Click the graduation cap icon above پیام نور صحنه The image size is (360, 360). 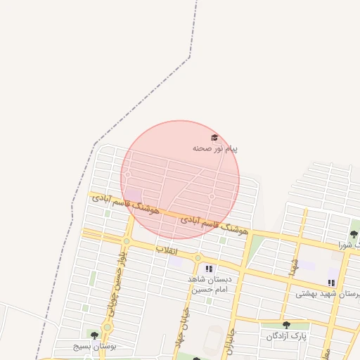pyautogui.click(x=214, y=138)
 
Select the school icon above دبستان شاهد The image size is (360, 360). pyautogui.click(x=208, y=268)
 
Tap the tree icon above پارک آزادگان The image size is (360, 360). pyautogui.click(x=286, y=325)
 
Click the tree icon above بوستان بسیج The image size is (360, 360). pyautogui.click(x=95, y=335)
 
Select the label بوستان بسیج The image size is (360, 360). pyautogui.click(x=94, y=347)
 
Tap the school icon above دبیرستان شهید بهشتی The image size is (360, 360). pyautogui.click(x=331, y=283)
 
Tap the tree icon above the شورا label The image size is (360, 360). pyautogui.click(x=354, y=233)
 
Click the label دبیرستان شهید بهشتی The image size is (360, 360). pyautogui.click(x=328, y=294)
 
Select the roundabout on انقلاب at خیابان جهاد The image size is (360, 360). pyautogui.click(x=198, y=258)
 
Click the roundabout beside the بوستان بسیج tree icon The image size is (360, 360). pyautogui.click(x=107, y=327)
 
